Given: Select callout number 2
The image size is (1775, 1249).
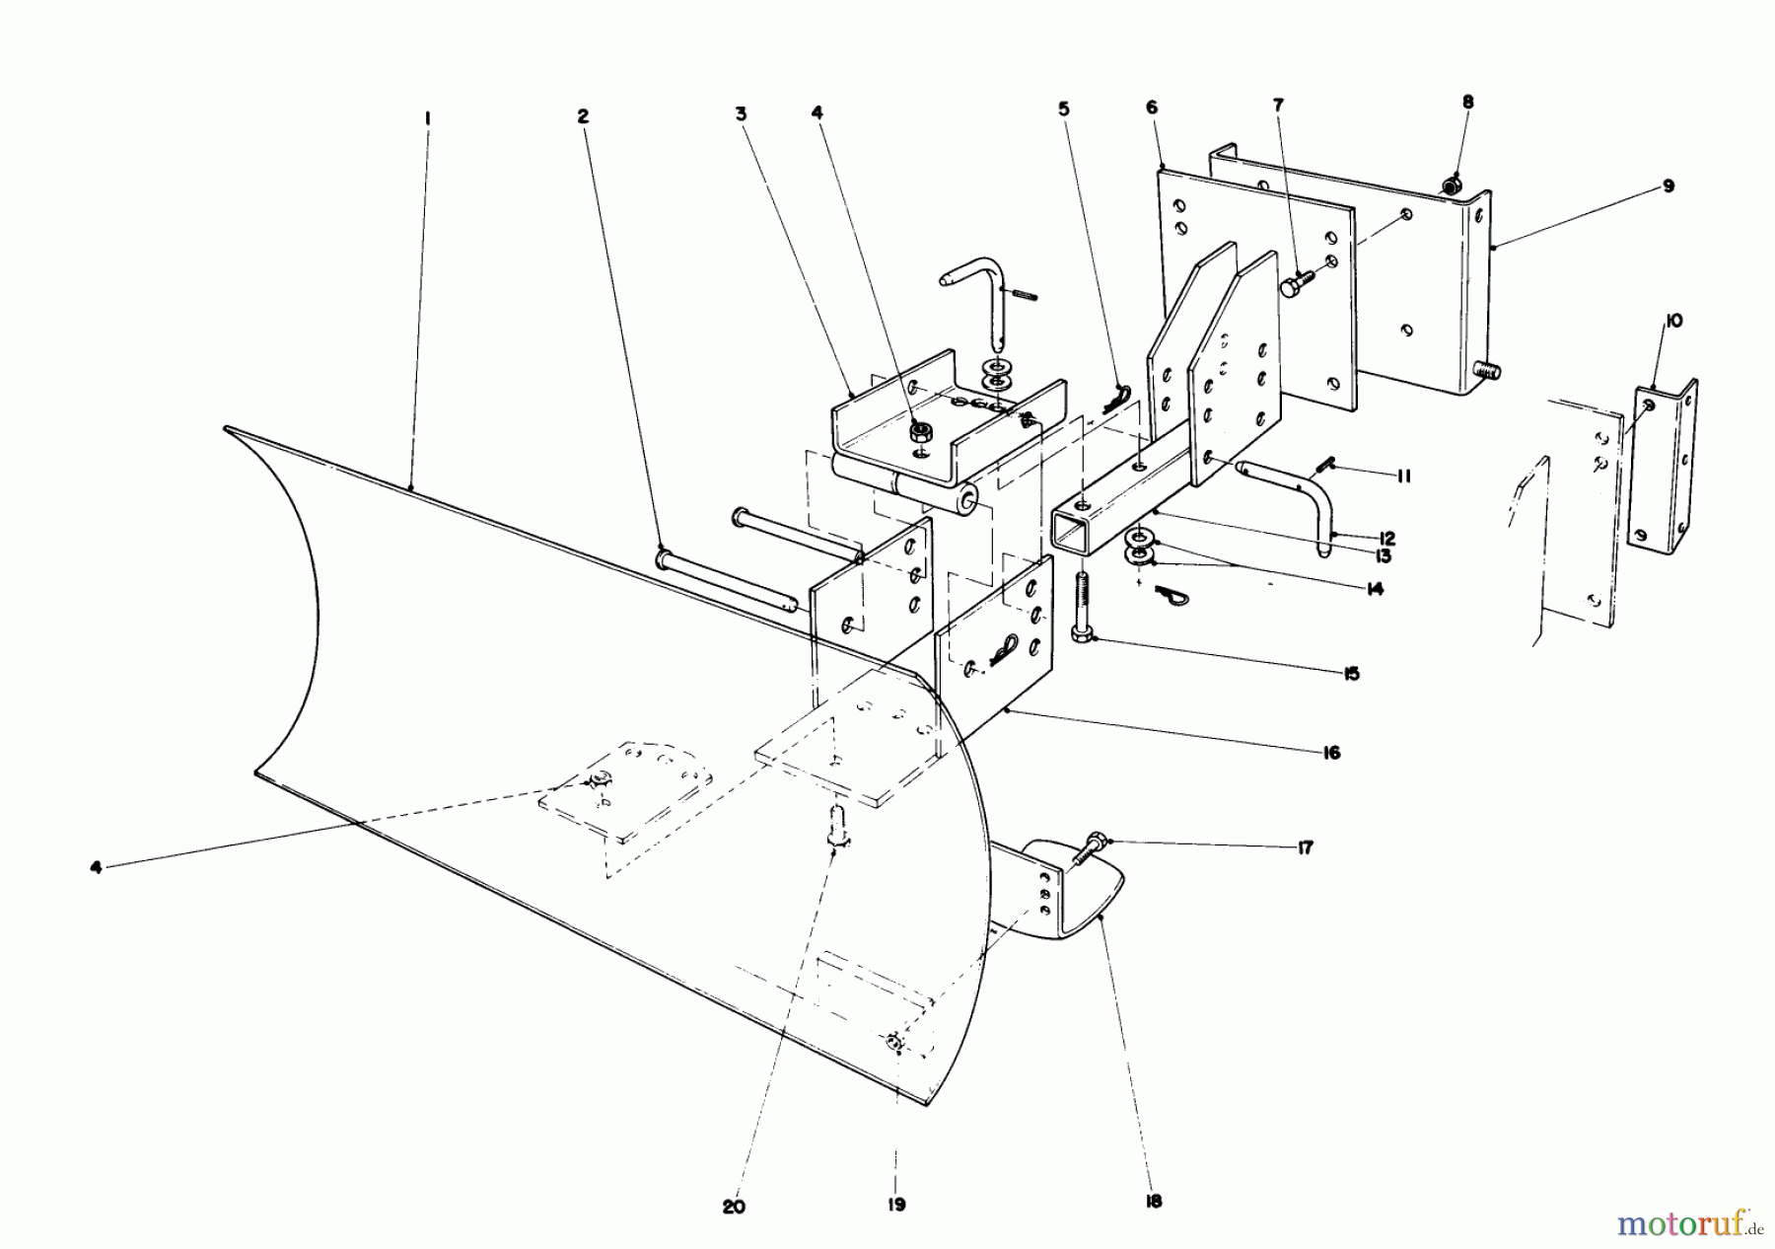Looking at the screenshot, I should tap(583, 116).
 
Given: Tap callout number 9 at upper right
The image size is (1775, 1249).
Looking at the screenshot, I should tap(1668, 185).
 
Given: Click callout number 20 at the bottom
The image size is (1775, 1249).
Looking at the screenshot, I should tap(734, 1207).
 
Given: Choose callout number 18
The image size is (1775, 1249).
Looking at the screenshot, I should tap(1155, 1201).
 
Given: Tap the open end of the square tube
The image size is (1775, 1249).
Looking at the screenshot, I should tap(1072, 535).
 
